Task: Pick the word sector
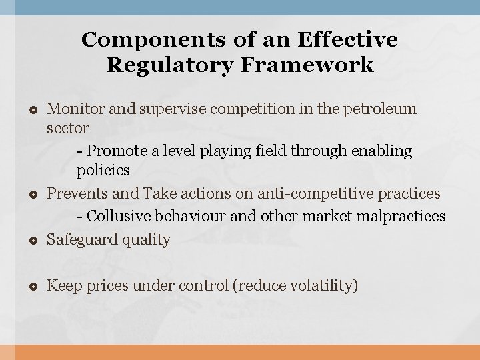(67, 127)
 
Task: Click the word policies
(103, 171)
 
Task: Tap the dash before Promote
(81, 151)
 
